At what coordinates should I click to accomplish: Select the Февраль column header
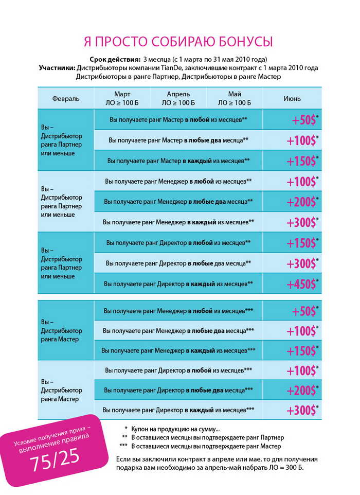point(66,98)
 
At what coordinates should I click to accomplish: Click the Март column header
point(122,98)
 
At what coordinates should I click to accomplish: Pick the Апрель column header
point(178,98)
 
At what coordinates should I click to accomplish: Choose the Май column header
point(235,98)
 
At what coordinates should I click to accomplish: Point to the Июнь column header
point(292,98)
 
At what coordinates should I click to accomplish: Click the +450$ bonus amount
point(301,284)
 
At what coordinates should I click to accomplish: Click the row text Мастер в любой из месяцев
point(178,119)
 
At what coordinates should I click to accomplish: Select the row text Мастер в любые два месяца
point(178,140)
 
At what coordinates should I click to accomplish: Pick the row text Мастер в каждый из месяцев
point(178,161)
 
